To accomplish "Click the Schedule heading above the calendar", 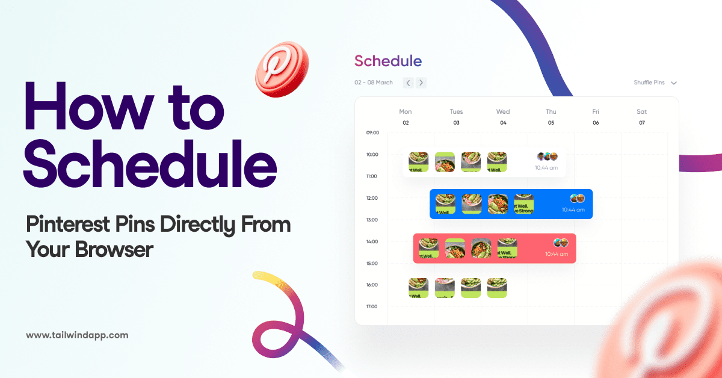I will coord(388,61).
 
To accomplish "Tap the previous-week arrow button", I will coord(408,82).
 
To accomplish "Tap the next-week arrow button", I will coord(421,82).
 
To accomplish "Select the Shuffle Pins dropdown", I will coord(655,82).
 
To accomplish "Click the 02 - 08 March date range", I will coord(374,82).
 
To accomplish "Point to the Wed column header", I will coord(503,111).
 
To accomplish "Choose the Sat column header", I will coord(642,111).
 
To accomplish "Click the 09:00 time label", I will coord(372,132).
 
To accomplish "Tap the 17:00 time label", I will coord(372,306).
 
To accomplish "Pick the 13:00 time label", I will coord(372,220).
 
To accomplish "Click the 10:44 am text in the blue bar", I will coord(573,210).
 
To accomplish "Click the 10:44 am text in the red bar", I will coord(556,254).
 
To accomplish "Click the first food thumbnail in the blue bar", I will coord(445,204).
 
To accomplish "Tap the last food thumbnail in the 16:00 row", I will coord(497,288).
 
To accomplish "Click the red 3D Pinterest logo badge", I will coord(282,69).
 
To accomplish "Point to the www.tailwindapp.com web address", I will coord(77,335).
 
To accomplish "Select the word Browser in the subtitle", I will coord(114,249).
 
